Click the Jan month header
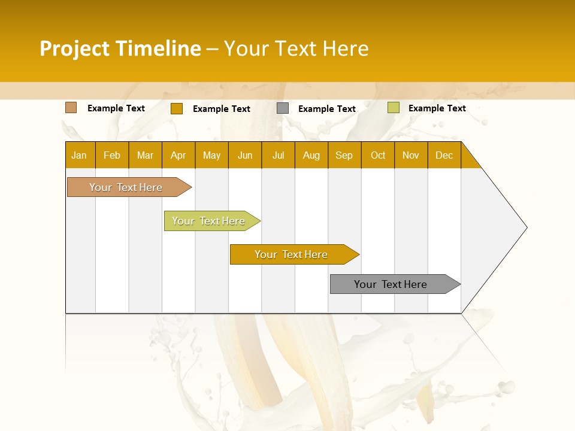(80, 155)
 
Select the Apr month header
(178, 155)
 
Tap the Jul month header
(279, 155)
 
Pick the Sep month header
(344, 155)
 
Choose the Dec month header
(444, 155)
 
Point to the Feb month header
(112, 155)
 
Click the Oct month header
(378, 155)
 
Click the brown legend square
(71, 108)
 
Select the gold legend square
(176, 108)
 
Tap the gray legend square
(283, 108)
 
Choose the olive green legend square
(393, 108)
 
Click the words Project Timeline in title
(120, 48)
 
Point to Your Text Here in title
(296, 48)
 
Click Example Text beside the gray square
(327, 109)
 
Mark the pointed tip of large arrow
(526, 227)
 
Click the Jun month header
(245, 155)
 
